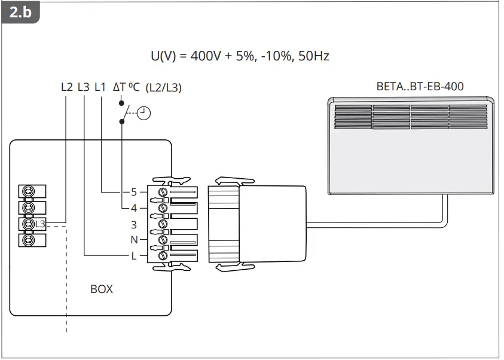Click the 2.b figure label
20,13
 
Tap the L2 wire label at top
67,87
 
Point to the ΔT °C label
126,87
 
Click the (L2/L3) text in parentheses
163,87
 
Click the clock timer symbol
144,112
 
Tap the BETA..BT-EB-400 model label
420,86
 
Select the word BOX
101,289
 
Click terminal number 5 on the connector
134,193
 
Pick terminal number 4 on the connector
134,209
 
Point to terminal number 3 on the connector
134,225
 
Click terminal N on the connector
134,240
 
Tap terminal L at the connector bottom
134,256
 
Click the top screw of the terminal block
27,192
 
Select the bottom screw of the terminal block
27,240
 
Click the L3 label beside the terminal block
40,224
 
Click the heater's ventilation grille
411,117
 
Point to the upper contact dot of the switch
122,103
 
